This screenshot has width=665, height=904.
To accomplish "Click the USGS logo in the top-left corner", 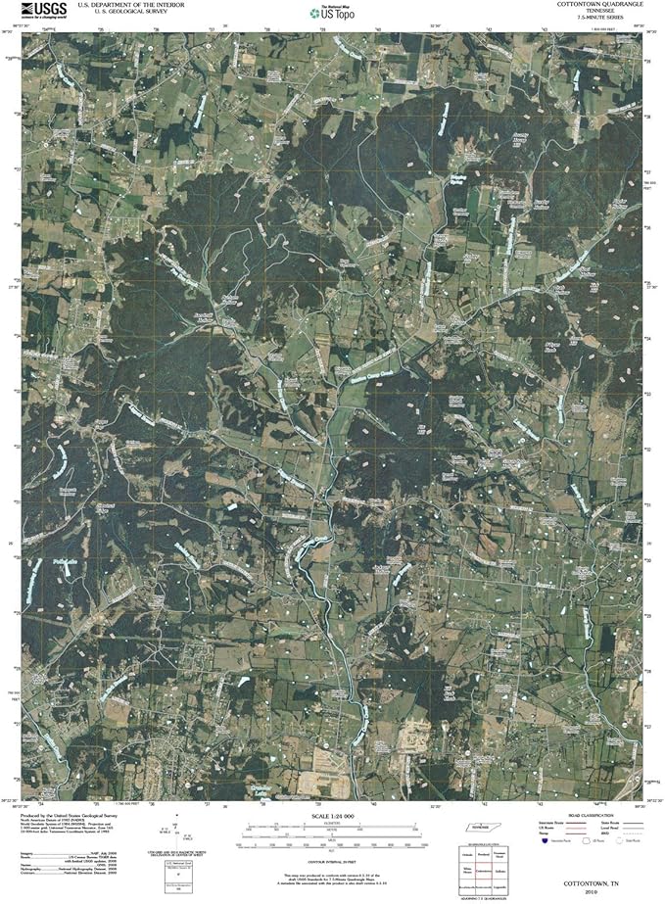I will tap(40, 11).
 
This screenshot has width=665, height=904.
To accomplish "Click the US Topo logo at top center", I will tap(331, 15).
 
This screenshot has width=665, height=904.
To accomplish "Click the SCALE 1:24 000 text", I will tap(332, 817).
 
